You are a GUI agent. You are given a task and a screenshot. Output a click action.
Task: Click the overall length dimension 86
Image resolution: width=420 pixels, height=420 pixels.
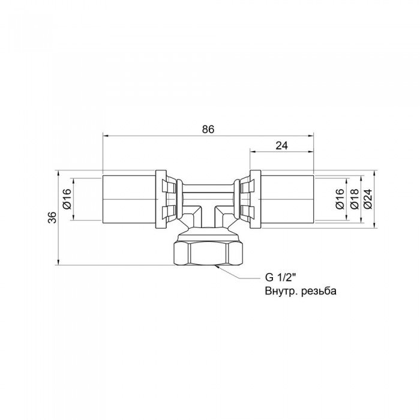208,129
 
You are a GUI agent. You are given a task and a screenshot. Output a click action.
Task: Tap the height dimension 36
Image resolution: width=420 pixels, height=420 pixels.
52,217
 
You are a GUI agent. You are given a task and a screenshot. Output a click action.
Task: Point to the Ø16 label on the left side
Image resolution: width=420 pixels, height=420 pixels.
67,200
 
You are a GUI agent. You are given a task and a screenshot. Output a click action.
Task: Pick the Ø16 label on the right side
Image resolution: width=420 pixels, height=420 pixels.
340,200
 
